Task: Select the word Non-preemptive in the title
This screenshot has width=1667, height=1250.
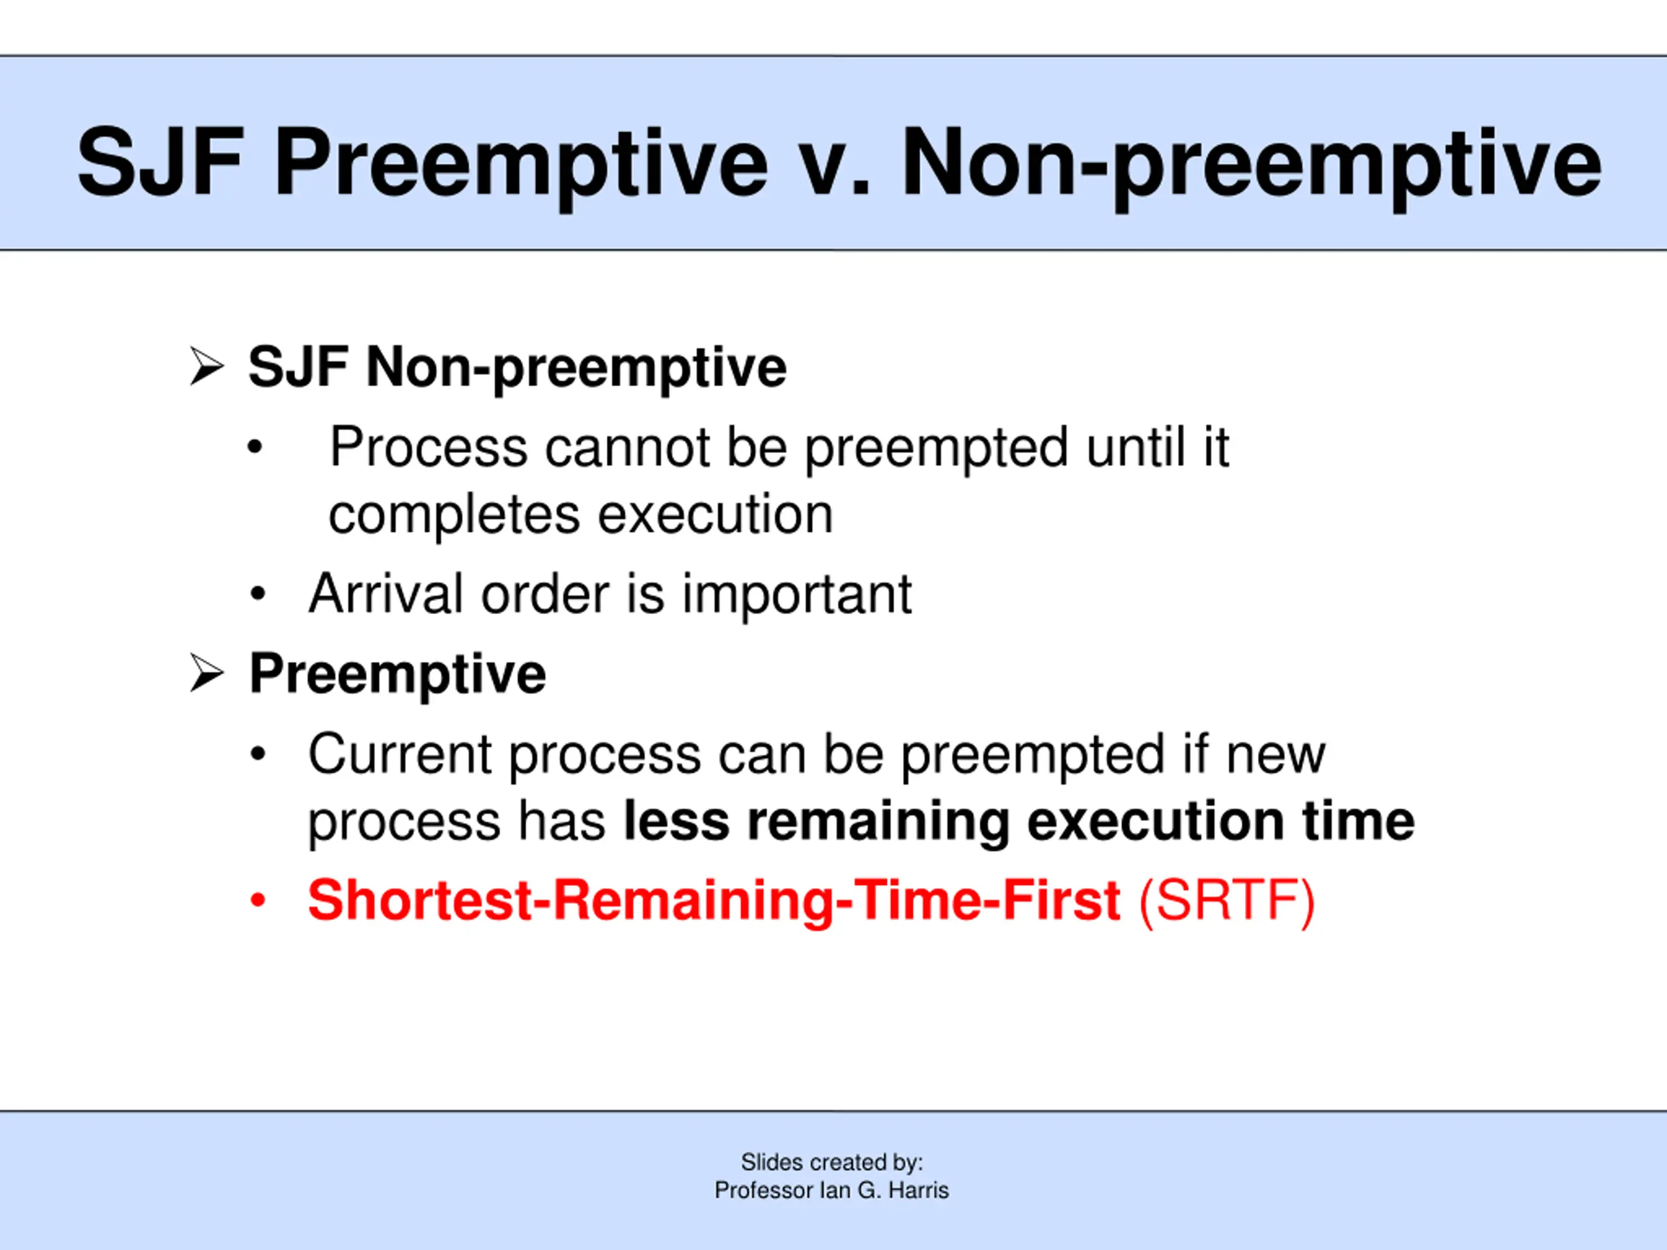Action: tap(1250, 167)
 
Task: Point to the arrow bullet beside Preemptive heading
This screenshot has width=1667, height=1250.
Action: tap(206, 673)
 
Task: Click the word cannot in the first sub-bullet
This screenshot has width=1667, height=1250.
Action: tap(627, 447)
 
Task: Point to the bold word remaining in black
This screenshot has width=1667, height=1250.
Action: tap(878, 822)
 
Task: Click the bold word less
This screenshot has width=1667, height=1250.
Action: tap(676, 820)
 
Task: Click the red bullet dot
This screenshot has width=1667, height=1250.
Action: tap(258, 900)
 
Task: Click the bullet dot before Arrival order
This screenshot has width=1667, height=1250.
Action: tap(258, 594)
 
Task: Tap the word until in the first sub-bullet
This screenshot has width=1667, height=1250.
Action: tap(1136, 447)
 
